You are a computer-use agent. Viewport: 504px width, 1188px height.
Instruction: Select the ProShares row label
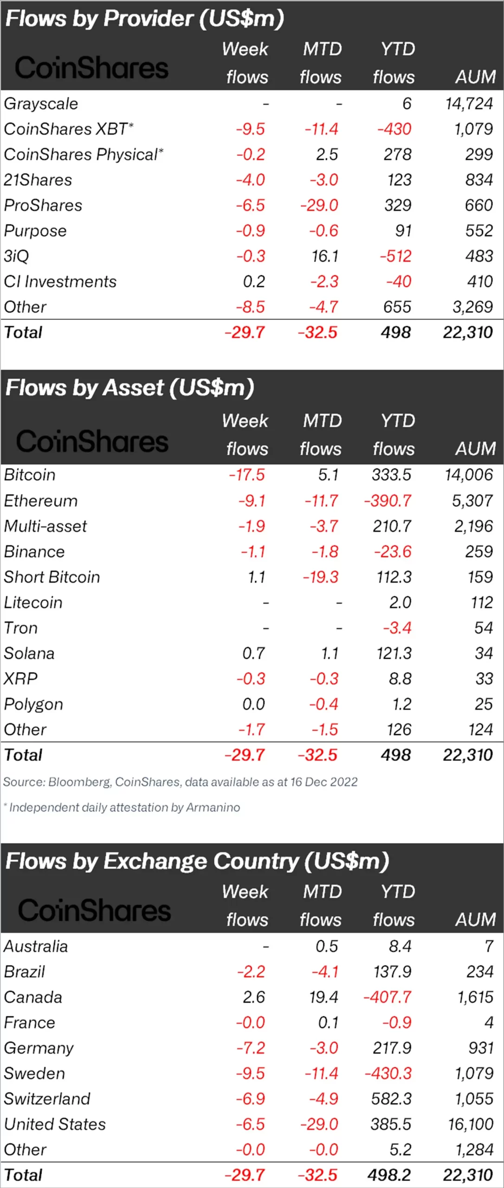coord(43,205)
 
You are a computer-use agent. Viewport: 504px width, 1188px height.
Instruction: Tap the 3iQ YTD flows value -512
coord(395,256)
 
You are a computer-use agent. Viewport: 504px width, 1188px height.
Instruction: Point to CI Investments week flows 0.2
coord(253,281)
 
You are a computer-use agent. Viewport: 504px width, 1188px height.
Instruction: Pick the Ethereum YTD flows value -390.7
coord(388,500)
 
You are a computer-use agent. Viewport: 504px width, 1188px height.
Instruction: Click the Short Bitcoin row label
coord(52,577)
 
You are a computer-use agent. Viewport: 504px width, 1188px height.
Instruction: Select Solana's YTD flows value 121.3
coord(394,653)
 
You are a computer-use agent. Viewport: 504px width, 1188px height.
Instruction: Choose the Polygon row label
coord(33,704)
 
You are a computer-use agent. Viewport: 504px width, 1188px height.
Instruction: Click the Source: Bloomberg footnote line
coord(180,782)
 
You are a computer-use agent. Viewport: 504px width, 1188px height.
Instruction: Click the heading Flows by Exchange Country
coord(197,861)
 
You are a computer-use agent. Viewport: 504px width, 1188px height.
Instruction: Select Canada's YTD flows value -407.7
coord(387,997)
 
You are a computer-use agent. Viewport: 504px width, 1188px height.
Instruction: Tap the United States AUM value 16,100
coord(470,1124)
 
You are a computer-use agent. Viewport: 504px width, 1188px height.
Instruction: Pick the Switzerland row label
coord(47,1098)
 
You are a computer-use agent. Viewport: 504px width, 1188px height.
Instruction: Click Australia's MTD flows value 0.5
coord(327,946)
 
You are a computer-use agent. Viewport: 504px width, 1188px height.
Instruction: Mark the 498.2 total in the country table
coord(389,1175)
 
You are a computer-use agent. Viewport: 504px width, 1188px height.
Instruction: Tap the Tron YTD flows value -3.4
coord(397,628)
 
